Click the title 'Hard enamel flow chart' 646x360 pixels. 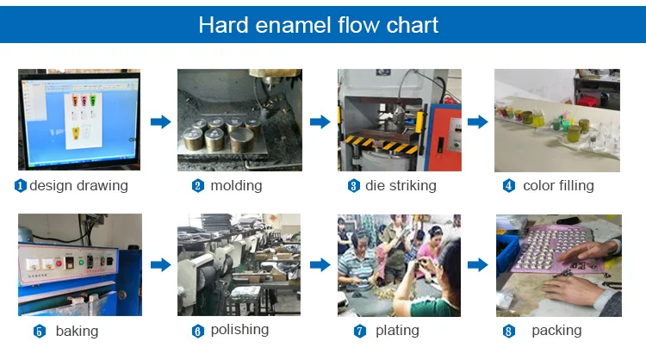point(318,24)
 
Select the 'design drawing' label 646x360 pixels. point(78,185)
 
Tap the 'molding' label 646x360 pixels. point(236,185)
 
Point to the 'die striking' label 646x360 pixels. point(401,185)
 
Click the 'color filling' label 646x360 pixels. point(558,185)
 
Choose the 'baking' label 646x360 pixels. point(77,331)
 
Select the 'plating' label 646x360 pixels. point(397,331)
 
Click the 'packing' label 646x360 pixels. point(556,331)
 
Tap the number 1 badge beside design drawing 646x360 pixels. point(21,186)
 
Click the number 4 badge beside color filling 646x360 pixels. point(508,186)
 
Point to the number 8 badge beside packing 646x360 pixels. point(508,332)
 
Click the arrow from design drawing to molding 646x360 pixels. point(160,121)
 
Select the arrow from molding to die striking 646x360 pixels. point(320,121)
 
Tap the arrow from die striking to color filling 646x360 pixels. point(479,121)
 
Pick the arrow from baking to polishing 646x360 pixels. point(160,265)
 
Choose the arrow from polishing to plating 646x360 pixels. point(320,265)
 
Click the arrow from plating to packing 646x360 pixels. point(479,265)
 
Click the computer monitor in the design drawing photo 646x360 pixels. point(78,120)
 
